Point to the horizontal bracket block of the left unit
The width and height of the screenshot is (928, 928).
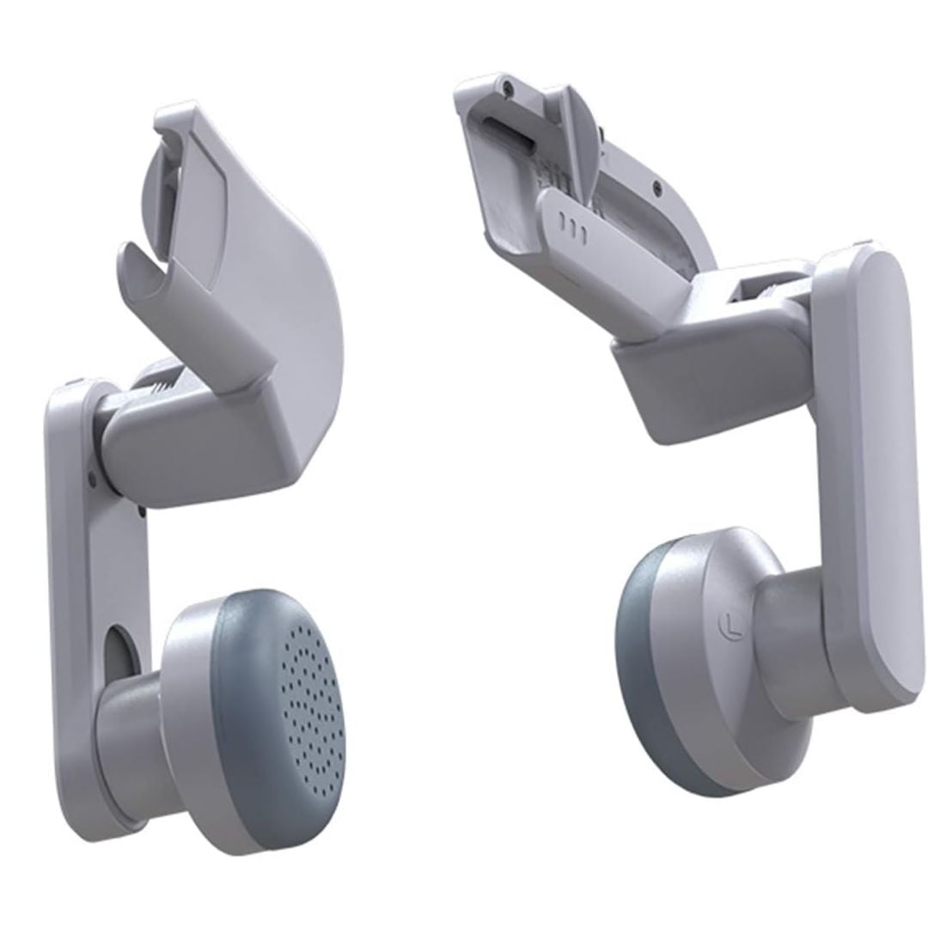pos(206,447)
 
